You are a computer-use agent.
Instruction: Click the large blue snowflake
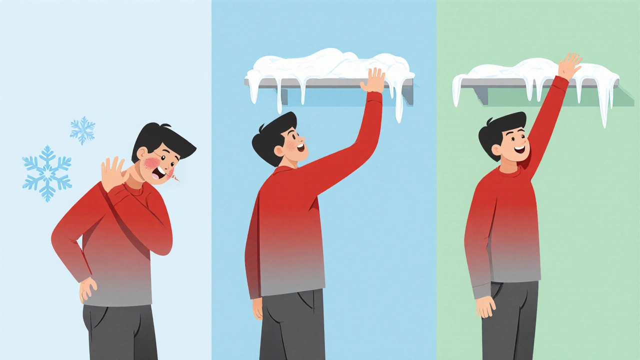(x=47, y=173)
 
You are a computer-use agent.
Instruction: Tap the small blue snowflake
(x=82, y=130)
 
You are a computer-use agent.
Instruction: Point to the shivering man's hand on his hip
(x=88, y=289)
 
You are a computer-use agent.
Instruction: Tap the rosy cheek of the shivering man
(x=151, y=163)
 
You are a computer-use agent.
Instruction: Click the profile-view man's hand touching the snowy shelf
(x=373, y=81)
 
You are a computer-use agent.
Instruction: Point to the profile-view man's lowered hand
(x=257, y=308)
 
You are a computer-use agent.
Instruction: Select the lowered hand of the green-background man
(x=485, y=305)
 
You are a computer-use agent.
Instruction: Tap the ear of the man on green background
(x=496, y=149)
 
